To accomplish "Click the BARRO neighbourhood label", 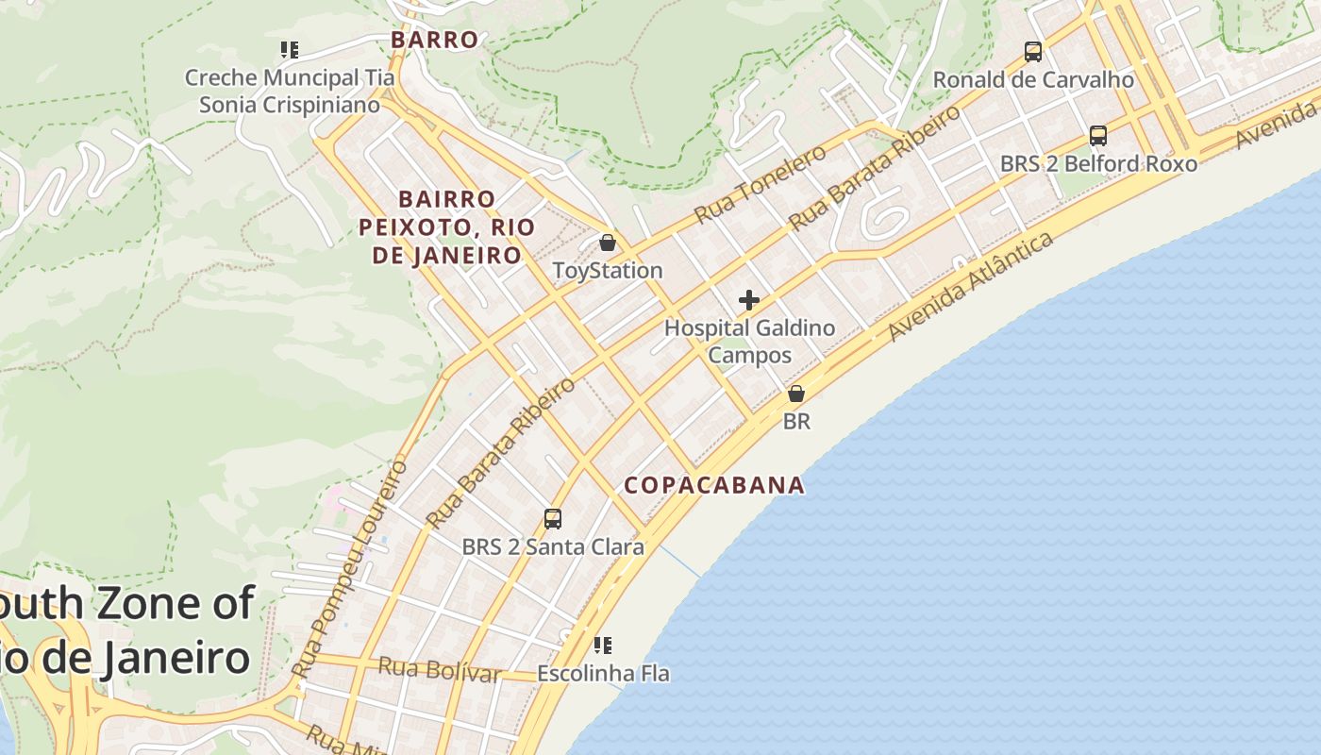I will click(x=435, y=40).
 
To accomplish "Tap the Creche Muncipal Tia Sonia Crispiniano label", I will click(x=290, y=92).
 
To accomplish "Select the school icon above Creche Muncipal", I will click(x=290, y=49).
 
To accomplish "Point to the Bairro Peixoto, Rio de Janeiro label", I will click(x=446, y=227).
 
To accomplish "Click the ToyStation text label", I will click(x=608, y=271).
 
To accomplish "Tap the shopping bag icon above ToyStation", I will click(x=608, y=243).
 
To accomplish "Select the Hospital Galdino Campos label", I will click(x=750, y=342).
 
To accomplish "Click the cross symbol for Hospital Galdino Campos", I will click(x=749, y=300).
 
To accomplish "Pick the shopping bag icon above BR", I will click(x=796, y=394).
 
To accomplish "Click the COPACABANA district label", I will click(x=715, y=485).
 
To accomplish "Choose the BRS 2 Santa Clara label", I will click(x=553, y=547).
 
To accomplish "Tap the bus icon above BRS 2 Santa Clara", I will click(x=553, y=519).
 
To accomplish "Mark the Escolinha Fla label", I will click(x=603, y=674).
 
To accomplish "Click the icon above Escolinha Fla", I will click(x=603, y=646).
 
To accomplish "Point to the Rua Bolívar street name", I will click(x=439, y=670).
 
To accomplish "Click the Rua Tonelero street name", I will click(x=759, y=185).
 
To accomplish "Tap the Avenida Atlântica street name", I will click(x=971, y=287).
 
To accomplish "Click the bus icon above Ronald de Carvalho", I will click(x=1033, y=52).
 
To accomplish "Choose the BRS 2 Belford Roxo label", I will click(x=1098, y=164).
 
